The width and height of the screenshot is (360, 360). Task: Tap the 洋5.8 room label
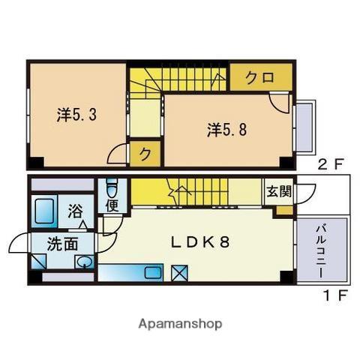226,130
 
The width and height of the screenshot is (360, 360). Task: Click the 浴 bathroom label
76,211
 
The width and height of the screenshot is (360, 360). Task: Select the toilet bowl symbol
112,186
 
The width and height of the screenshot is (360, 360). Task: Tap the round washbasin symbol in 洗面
85,262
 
